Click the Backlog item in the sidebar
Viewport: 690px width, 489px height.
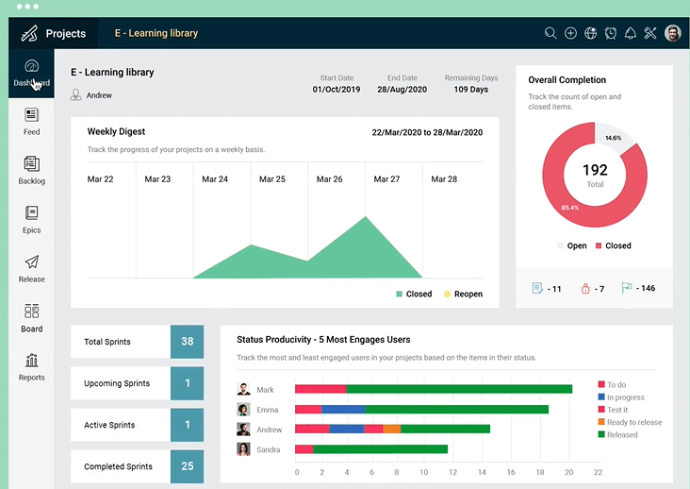click(x=31, y=170)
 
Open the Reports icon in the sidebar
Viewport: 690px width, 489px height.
click(x=31, y=366)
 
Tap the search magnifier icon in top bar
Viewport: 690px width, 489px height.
click(x=550, y=33)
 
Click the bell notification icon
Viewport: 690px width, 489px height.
click(x=631, y=33)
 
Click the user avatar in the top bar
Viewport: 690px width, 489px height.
click(x=672, y=33)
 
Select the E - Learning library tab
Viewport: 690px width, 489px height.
click(x=156, y=33)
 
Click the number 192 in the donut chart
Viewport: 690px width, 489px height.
click(x=595, y=171)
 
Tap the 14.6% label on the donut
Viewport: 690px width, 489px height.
click(x=614, y=138)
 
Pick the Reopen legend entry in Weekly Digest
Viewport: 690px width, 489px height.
click(x=462, y=294)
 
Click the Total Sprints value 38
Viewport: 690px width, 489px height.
click(x=187, y=342)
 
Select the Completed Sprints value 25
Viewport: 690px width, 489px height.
click(x=187, y=466)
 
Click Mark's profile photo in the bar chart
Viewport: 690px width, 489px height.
click(x=243, y=389)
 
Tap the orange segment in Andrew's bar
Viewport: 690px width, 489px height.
click(x=391, y=429)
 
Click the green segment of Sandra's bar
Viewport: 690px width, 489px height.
click(x=380, y=449)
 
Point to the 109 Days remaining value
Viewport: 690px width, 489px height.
click(x=470, y=90)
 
